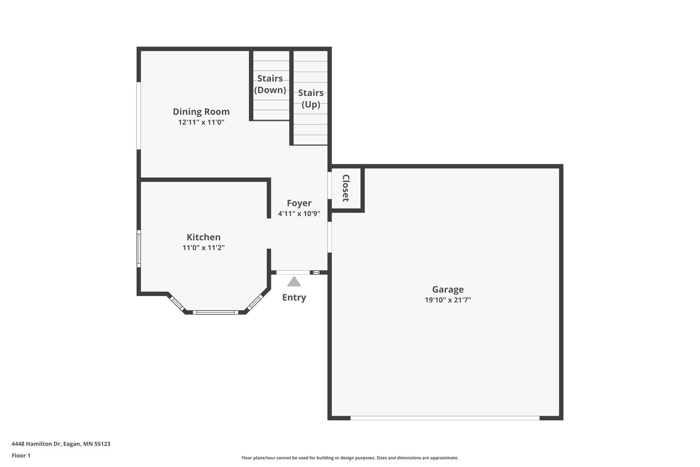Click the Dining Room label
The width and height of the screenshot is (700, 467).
[201, 112]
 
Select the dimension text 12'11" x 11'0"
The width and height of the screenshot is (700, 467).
[201, 123]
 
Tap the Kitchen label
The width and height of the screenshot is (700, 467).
[203, 237]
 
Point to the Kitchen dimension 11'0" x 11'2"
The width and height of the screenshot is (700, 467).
[203, 248]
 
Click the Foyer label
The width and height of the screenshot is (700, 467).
[299, 203]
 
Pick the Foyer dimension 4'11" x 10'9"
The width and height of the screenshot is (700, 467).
[299, 214]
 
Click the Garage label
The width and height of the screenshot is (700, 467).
[448, 290]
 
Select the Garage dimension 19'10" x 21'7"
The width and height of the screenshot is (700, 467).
[448, 300]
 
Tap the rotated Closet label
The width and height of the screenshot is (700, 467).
[346, 188]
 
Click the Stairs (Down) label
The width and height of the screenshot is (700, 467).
[270, 84]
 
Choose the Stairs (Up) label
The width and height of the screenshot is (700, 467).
[311, 99]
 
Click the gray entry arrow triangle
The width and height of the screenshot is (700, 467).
[294, 282]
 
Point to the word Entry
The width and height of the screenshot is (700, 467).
[294, 297]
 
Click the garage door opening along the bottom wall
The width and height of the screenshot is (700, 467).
[444, 418]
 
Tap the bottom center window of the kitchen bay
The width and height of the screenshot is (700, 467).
[215, 312]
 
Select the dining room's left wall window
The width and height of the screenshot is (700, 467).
[139, 116]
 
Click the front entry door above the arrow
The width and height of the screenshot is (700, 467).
[293, 272]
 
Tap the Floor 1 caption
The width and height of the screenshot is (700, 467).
[21, 456]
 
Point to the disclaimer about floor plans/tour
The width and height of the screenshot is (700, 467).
[350, 458]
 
